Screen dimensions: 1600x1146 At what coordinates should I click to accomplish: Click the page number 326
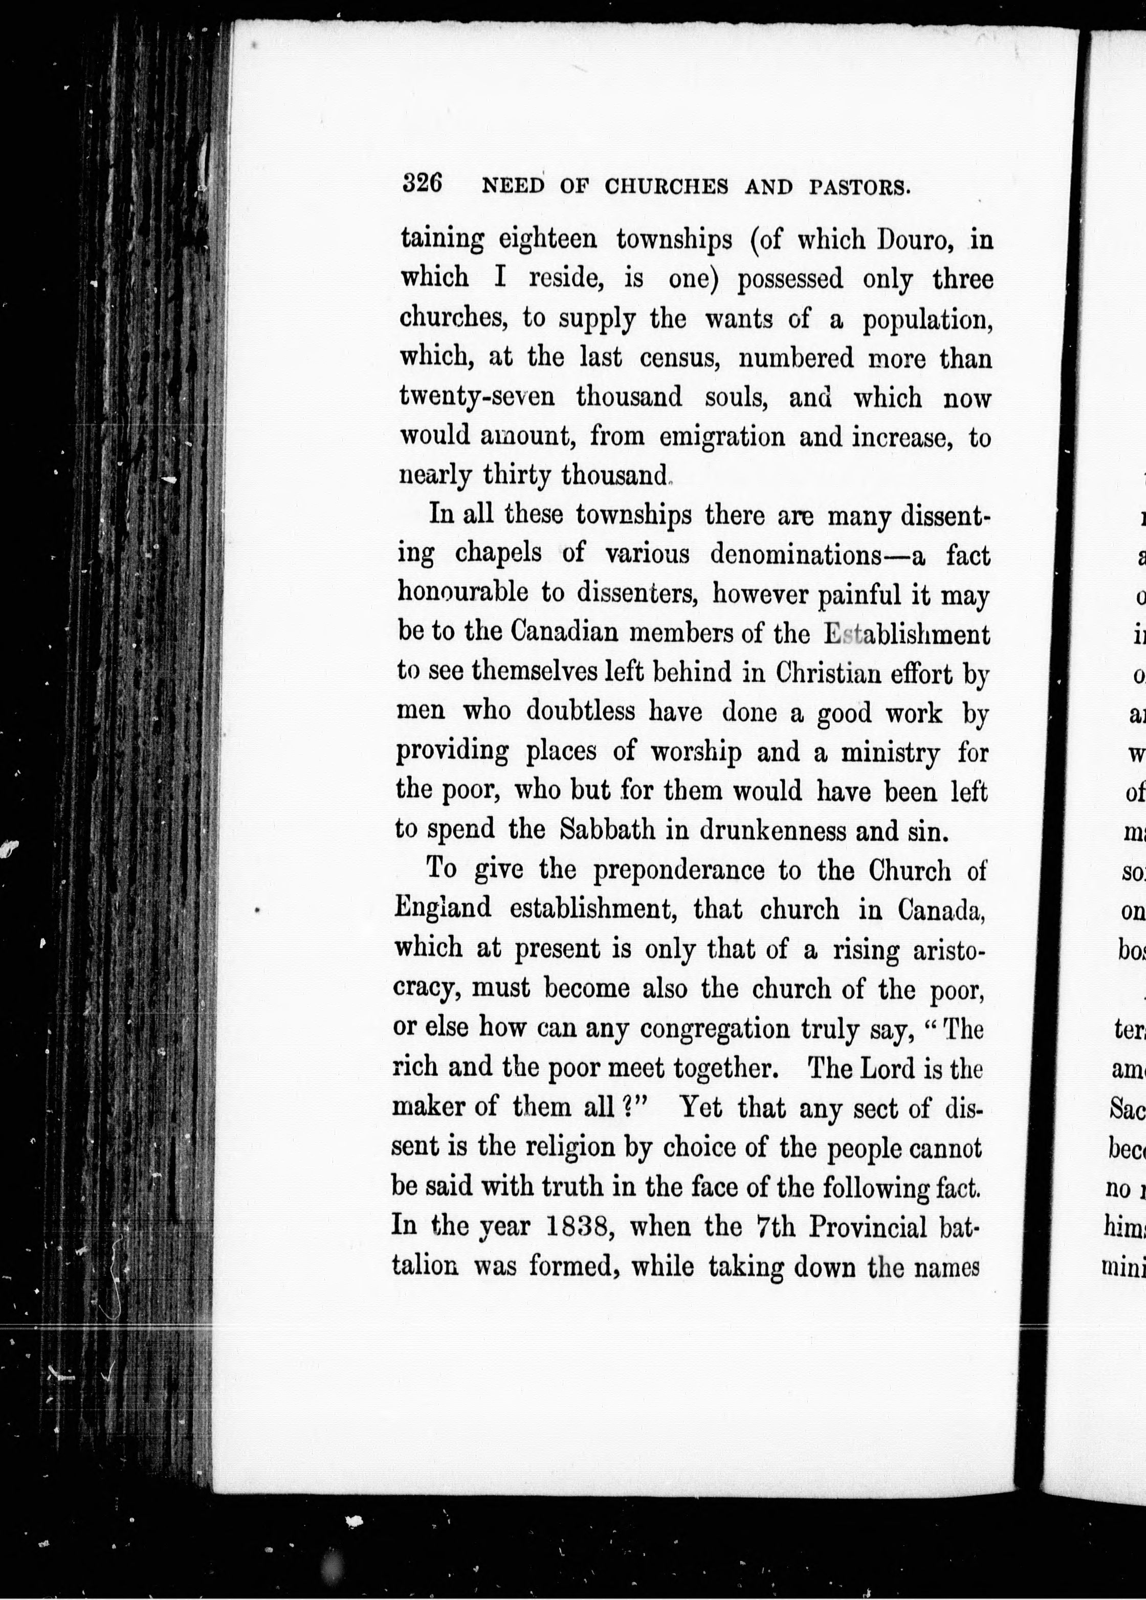[x=422, y=184]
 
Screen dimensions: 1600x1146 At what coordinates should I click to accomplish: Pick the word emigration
[x=722, y=437]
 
